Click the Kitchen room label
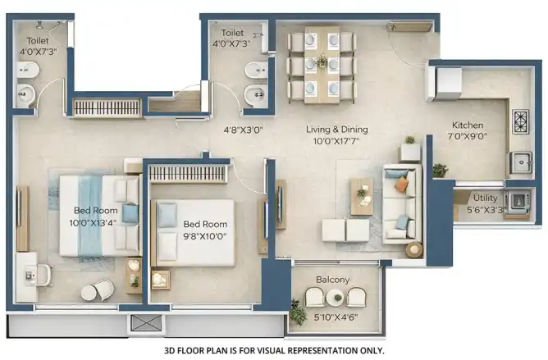click(x=468, y=125)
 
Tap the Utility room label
click(x=485, y=198)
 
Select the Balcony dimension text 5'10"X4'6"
click(x=336, y=317)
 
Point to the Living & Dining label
click(x=337, y=130)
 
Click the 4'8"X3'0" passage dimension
click(x=243, y=130)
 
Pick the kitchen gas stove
click(x=520, y=121)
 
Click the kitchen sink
click(x=521, y=162)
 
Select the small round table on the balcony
click(x=337, y=298)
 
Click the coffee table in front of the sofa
click(x=362, y=197)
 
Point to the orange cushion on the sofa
click(x=401, y=185)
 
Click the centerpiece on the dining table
click(x=322, y=62)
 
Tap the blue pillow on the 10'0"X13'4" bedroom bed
click(x=130, y=213)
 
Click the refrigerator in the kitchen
click(x=443, y=84)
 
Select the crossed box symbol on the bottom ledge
click(x=147, y=323)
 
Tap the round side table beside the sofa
click(x=414, y=249)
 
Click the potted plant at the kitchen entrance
click(x=440, y=170)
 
